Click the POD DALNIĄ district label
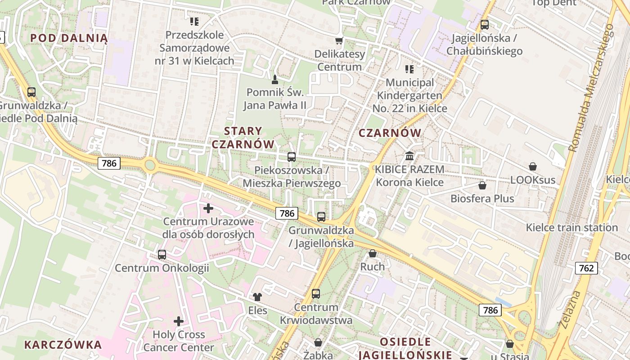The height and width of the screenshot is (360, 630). [x=69, y=38]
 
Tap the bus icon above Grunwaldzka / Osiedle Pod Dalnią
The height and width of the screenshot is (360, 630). [x=31, y=92]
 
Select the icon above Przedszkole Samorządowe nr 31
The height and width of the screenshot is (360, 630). [x=194, y=21]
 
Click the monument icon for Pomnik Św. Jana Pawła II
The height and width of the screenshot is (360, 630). [x=275, y=80]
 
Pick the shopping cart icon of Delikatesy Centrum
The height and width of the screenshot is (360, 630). [x=339, y=41]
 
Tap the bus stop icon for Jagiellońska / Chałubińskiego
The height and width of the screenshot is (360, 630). [x=485, y=25]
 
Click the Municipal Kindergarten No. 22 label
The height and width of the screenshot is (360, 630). [x=409, y=95]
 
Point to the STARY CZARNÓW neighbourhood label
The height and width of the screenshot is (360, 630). [x=243, y=138]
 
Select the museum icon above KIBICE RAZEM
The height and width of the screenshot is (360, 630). [x=410, y=156]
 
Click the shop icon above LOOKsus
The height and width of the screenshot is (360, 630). [x=533, y=166]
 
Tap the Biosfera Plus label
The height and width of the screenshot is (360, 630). [x=482, y=198]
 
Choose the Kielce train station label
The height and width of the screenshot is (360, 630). [x=571, y=227]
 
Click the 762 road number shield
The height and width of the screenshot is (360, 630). [x=586, y=269]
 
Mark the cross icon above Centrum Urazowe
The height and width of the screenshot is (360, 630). [x=208, y=208]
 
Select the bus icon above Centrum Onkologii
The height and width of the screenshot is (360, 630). [x=162, y=255]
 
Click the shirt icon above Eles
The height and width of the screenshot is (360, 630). [x=257, y=297]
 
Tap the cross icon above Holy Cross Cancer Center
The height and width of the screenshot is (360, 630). [x=179, y=321]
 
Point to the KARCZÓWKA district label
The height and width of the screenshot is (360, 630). [x=63, y=345]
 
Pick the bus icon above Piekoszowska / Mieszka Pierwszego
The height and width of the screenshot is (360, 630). [x=292, y=157]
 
